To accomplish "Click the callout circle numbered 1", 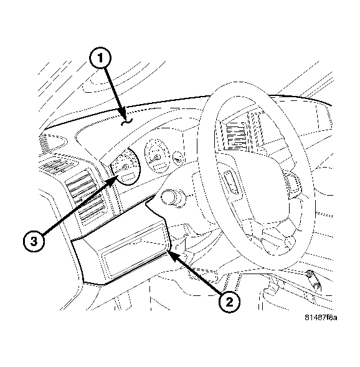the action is (x=100, y=58).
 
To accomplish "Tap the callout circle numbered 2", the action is (x=229, y=302).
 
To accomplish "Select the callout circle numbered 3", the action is (x=34, y=241).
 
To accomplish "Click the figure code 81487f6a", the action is (x=321, y=318).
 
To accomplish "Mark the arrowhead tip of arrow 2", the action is (x=168, y=251).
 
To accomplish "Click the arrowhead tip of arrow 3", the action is (x=118, y=176).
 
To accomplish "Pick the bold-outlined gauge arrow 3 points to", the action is (x=126, y=166).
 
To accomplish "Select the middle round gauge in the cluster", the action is (x=157, y=156).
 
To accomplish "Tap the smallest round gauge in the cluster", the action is (x=178, y=159).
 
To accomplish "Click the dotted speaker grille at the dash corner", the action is (x=45, y=142).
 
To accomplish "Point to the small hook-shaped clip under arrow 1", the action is (x=127, y=122).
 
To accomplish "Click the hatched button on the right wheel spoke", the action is (x=292, y=183).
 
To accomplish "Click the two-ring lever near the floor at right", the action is (x=313, y=280).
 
